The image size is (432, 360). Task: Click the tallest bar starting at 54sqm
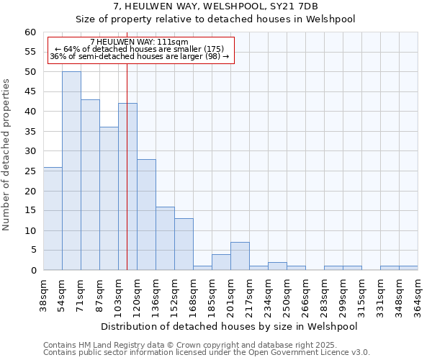pyautogui.click(x=71, y=171)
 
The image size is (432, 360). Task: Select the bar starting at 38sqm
pyautogui.click(x=53, y=218)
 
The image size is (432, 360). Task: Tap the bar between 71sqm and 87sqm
pyautogui.click(x=90, y=184)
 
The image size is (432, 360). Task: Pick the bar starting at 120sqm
pyautogui.click(x=146, y=215)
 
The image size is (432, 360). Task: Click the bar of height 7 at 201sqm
pyautogui.click(x=240, y=256)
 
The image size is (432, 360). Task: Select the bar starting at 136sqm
pyautogui.click(x=165, y=238)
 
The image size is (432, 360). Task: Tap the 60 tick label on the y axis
pyautogui.click(x=30, y=32)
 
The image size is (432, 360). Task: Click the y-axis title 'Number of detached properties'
pyautogui.click(x=7, y=155)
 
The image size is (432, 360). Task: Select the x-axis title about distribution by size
pyautogui.click(x=229, y=326)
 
